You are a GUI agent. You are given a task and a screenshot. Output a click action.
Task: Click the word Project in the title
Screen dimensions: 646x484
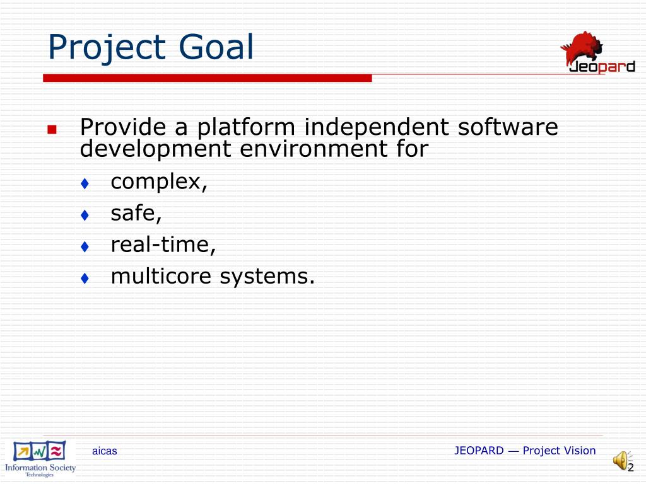click(107, 48)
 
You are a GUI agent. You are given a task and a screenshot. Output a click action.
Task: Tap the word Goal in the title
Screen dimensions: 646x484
click(216, 47)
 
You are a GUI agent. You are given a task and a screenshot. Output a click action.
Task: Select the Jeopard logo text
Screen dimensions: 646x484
click(602, 67)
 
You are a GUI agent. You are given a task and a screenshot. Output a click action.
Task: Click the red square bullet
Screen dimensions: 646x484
click(52, 130)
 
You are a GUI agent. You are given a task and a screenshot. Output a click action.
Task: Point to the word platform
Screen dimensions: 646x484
click(246, 127)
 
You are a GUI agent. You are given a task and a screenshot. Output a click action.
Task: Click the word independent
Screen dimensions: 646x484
click(376, 127)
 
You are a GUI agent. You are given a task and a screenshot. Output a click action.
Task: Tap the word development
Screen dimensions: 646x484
click(155, 149)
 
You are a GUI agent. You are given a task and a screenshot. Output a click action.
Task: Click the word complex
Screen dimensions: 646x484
click(159, 182)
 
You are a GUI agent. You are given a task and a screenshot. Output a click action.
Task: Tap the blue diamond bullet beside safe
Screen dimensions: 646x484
click(85, 215)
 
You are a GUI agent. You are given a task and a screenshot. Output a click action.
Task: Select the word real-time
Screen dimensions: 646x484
click(163, 245)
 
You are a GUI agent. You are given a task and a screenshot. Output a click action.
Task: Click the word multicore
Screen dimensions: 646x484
click(161, 276)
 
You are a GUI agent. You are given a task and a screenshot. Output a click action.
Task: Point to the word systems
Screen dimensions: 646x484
click(267, 277)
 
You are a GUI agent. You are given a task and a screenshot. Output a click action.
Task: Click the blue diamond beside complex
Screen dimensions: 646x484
click(85, 183)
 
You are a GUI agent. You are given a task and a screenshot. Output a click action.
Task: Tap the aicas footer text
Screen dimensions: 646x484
click(105, 451)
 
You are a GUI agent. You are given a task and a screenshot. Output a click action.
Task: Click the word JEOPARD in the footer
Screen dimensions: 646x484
click(479, 451)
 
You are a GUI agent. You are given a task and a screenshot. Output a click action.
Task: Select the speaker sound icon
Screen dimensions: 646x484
click(621, 461)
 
